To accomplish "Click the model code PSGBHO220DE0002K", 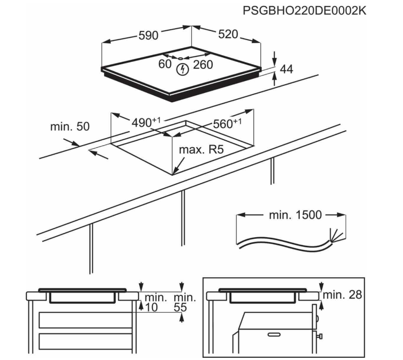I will click(x=305, y=10).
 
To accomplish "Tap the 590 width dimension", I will click(x=148, y=36).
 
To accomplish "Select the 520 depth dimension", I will click(x=228, y=34).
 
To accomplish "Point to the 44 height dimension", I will click(x=287, y=69).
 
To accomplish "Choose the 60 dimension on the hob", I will click(x=165, y=64).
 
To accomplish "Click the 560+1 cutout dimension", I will click(x=227, y=124).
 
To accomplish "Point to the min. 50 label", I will click(x=69, y=126).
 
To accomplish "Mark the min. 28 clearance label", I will click(x=342, y=295).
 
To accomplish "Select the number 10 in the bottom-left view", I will click(x=152, y=307).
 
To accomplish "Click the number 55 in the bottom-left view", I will click(x=181, y=307).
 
